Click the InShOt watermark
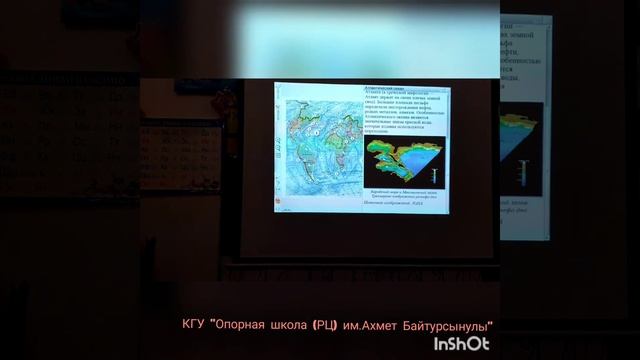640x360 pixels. (x=461, y=343)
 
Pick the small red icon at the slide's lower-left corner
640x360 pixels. (x=281, y=208)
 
